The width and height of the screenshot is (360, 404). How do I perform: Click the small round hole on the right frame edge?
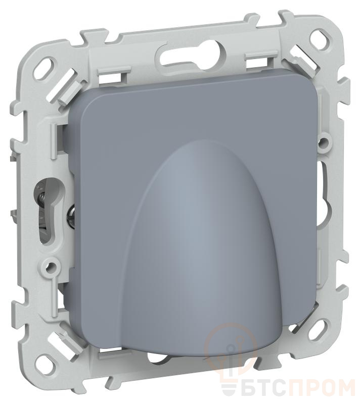(x=324, y=142)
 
